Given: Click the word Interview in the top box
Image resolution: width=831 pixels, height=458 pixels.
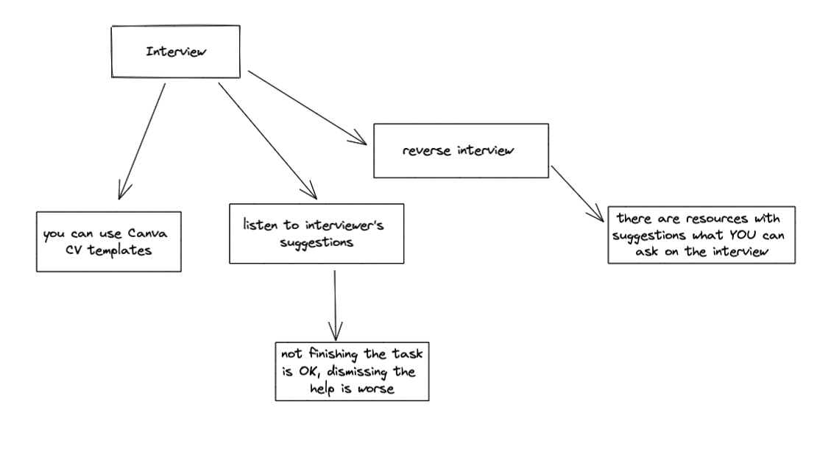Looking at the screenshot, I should coord(176,52).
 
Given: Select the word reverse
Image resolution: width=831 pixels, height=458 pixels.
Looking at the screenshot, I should coord(427,151).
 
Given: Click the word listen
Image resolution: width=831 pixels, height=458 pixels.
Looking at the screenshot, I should coord(261,225).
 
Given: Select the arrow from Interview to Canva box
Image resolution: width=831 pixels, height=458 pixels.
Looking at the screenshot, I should coord(142,140).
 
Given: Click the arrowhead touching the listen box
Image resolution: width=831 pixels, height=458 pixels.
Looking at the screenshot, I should coord(310,193).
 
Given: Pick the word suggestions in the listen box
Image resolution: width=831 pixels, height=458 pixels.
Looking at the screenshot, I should coord(317,242).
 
